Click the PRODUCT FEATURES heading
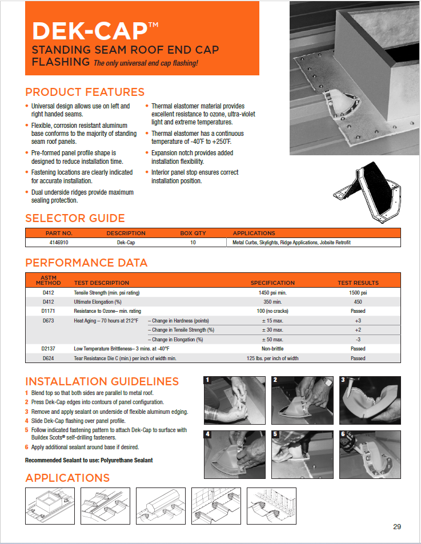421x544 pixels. click(85, 92)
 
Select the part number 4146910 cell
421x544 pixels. click(59, 243)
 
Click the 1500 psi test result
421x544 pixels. click(358, 292)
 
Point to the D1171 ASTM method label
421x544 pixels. click(48, 311)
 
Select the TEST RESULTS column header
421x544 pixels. click(358, 283)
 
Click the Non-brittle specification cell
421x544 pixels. click(272, 349)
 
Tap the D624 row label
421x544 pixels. click(48, 358)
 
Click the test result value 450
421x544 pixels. click(358, 301)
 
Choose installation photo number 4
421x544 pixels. click(235, 454)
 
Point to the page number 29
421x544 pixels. click(397, 526)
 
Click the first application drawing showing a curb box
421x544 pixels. click(50, 505)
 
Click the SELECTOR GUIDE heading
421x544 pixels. click(75, 218)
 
